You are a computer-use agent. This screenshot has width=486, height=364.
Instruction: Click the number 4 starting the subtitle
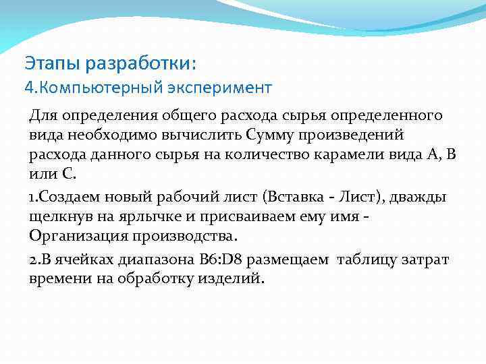tap(28, 88)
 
